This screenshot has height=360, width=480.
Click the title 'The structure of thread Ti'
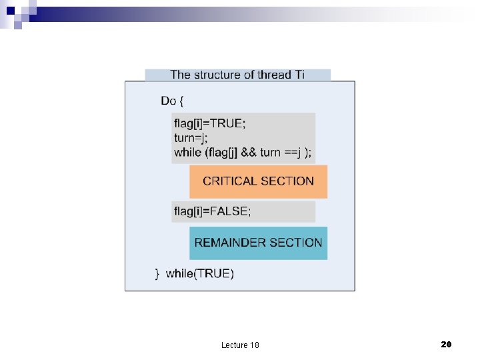(x=237, y=75)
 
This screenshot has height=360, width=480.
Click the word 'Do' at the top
(x=168, y=101)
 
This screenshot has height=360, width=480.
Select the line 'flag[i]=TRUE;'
(x=209, y=123)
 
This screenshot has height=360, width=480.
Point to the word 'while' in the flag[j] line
(x=187, y=152)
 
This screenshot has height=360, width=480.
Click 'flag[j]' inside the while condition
(x=225, y=152)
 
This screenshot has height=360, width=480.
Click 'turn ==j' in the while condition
(x=280, y=152)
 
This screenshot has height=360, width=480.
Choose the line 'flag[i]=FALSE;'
(x=213, y=211)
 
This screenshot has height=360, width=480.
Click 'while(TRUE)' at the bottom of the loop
(x=200, y=273)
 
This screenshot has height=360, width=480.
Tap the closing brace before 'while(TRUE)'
(x=157, y=273)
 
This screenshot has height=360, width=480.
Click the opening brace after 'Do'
(x=182, y=101)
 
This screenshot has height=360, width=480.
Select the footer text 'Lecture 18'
(x=240, y=345)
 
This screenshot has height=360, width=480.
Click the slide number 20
(x=447, y=344)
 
